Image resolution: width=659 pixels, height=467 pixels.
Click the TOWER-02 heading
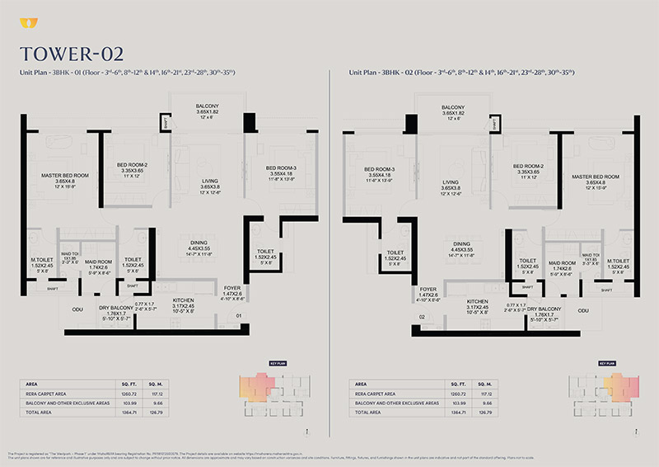coord(72,54)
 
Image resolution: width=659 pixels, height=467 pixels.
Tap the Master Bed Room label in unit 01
coord(65,176)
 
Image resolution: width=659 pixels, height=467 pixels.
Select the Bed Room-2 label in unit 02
coord(525,166)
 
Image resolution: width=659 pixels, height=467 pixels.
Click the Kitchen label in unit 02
coord(478,302)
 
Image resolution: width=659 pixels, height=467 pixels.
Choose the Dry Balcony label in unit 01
coord(116,309)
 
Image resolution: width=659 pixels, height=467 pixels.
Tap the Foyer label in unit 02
coord(428,289)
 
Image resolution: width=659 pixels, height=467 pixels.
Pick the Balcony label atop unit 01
coord(207,107)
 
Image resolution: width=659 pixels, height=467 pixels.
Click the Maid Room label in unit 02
coord(563,262)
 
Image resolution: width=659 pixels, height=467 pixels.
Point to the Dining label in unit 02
coord(460,244)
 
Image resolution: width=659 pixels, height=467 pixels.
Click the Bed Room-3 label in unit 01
coord(281,168)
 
